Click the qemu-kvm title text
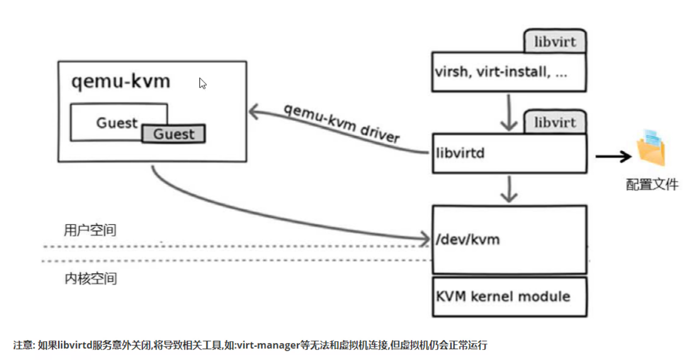[121, 82]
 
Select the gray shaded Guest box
[174, 134]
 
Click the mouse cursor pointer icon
[202, 83]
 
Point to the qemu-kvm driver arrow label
[342, 123]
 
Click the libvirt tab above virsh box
[555, 42]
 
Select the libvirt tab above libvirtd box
[555, 123]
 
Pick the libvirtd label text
[460, 153]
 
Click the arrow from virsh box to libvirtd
[509, 113]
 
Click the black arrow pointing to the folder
[613, 157]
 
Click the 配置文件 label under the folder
[652, 184]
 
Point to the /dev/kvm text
[468, 240]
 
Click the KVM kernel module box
[509, 297]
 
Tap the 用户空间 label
[90, 230]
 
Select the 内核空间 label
[91, 279]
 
